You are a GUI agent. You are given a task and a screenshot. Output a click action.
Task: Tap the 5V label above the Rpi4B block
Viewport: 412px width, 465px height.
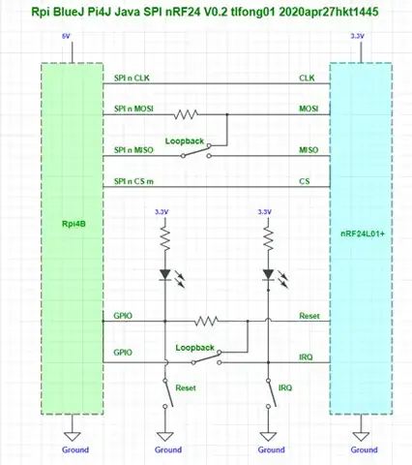coord(66,38)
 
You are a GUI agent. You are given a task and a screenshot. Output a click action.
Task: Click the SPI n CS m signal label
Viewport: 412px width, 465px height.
coord(133,181)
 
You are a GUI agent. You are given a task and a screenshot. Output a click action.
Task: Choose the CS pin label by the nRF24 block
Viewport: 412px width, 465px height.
coord(305,181)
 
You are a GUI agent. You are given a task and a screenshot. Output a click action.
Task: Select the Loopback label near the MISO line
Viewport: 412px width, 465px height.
coord(184,140)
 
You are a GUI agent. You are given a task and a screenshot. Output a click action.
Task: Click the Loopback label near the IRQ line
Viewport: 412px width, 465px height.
coord(194,346)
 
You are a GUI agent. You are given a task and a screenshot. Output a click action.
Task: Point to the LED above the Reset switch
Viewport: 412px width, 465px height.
coord(166,275)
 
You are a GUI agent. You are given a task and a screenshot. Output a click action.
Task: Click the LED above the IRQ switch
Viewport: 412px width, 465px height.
coord(266,275)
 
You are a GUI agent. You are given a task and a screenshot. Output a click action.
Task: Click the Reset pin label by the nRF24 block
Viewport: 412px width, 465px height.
coord(309,316)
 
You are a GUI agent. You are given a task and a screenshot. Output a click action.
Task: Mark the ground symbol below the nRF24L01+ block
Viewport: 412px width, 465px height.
coord(364,433)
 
